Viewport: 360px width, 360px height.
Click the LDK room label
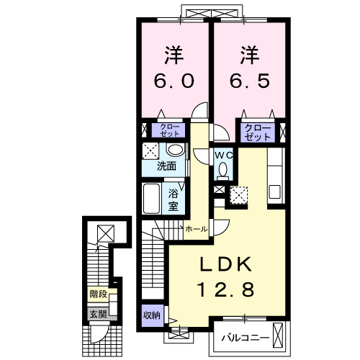tap(225, 264)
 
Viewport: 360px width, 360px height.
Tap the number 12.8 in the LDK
tap(225, 289)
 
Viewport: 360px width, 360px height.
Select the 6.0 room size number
tap(174, 81)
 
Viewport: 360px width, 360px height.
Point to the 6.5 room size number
tap(250, 81)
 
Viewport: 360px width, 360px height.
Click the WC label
tap(223, 156)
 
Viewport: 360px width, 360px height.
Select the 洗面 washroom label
tap(166, 166)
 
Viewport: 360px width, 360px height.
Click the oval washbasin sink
tap(176, 150)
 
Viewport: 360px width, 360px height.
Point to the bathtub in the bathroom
tap(151, 199)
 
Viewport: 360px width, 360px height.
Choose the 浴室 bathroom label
tap(174, 200)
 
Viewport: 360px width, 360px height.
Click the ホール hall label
tap(197, 229)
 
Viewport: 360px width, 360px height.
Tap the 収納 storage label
tap(152, 315)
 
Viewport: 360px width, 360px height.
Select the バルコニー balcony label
tap(245, 338)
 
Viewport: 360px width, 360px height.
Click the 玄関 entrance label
tap(98, 314)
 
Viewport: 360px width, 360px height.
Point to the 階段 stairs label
tap(98, 294)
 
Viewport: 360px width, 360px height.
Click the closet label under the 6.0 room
tap(170, 130)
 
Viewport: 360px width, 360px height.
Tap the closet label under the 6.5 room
tap(258, 132)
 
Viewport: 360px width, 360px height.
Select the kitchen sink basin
tap(275, 192)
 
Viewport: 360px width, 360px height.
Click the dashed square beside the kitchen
tap(238, 195)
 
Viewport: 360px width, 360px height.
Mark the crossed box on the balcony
tap(279, 336)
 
